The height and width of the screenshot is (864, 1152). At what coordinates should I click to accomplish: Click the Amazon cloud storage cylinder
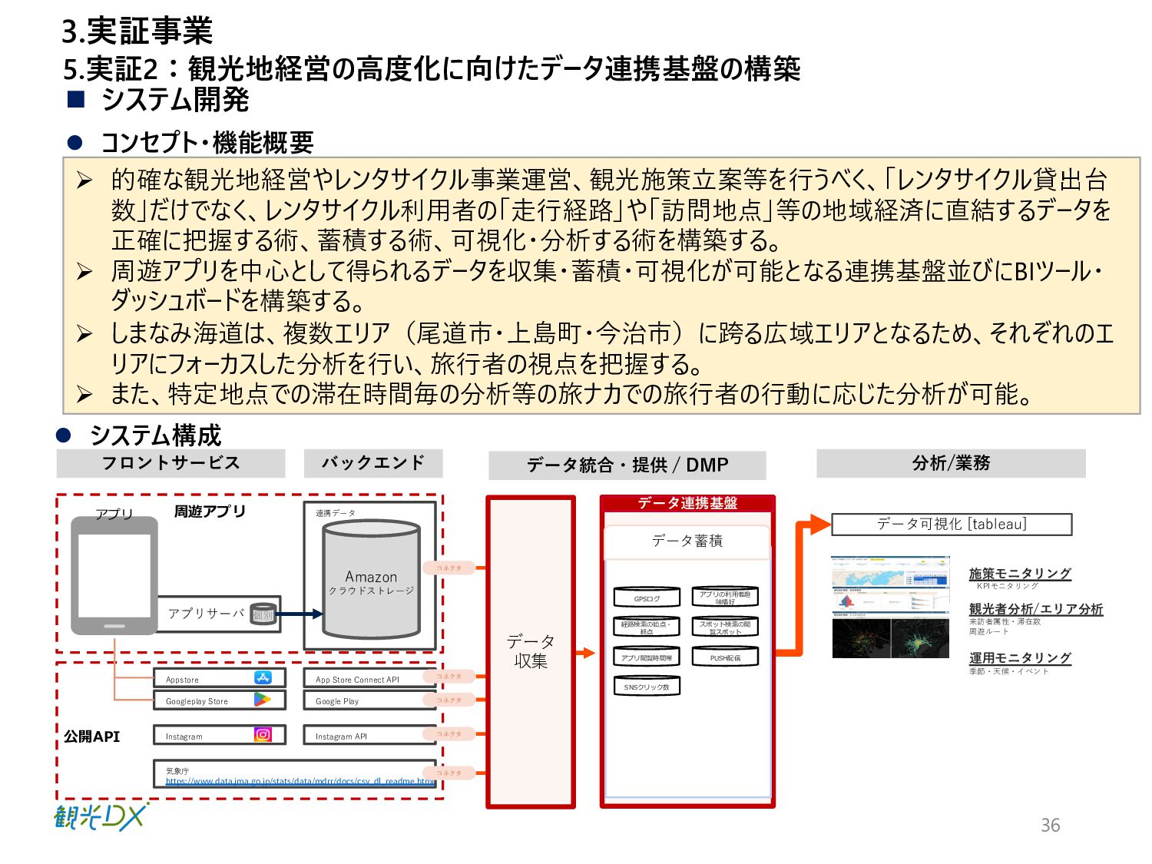tap(371, 581)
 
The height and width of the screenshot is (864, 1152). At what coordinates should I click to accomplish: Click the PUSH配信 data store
tap(725, 657)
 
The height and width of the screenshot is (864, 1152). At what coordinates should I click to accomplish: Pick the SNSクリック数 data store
tap(647, 687)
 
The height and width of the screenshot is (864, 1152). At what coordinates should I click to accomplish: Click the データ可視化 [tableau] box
tap(951, 525)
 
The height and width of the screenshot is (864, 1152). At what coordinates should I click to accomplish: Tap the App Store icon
tap(263, 677)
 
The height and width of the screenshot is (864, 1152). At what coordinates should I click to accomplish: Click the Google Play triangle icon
tap(263, 700)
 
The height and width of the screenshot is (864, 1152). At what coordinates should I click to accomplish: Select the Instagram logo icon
tap(263, 735)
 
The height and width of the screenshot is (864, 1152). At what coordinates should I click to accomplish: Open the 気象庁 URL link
tap(300, 781)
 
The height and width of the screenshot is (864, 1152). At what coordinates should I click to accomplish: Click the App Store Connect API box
tap(369, 679)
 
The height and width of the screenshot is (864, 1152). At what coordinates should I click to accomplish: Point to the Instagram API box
tap(369, 736)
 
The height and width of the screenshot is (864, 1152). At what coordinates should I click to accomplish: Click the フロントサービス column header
tap(170, 463)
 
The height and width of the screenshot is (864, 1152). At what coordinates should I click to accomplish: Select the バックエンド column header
tap(373, 463)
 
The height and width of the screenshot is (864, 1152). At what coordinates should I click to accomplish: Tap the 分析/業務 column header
tap(951, 463)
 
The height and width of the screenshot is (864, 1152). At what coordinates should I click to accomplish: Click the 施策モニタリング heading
tap(1019, 574)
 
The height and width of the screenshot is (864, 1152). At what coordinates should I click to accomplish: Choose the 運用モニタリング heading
tap(1019, 658)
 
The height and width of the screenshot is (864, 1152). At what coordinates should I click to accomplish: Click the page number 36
tap(1050, 826)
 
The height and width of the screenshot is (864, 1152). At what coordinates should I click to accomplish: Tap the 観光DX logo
tap(101, 816)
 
